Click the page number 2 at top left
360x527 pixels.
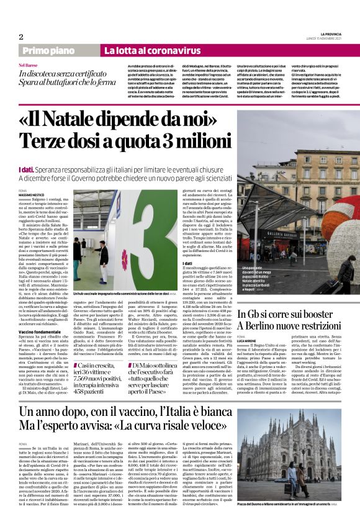[x=21, y=36]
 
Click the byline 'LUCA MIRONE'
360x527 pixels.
[x=265, y=339]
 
